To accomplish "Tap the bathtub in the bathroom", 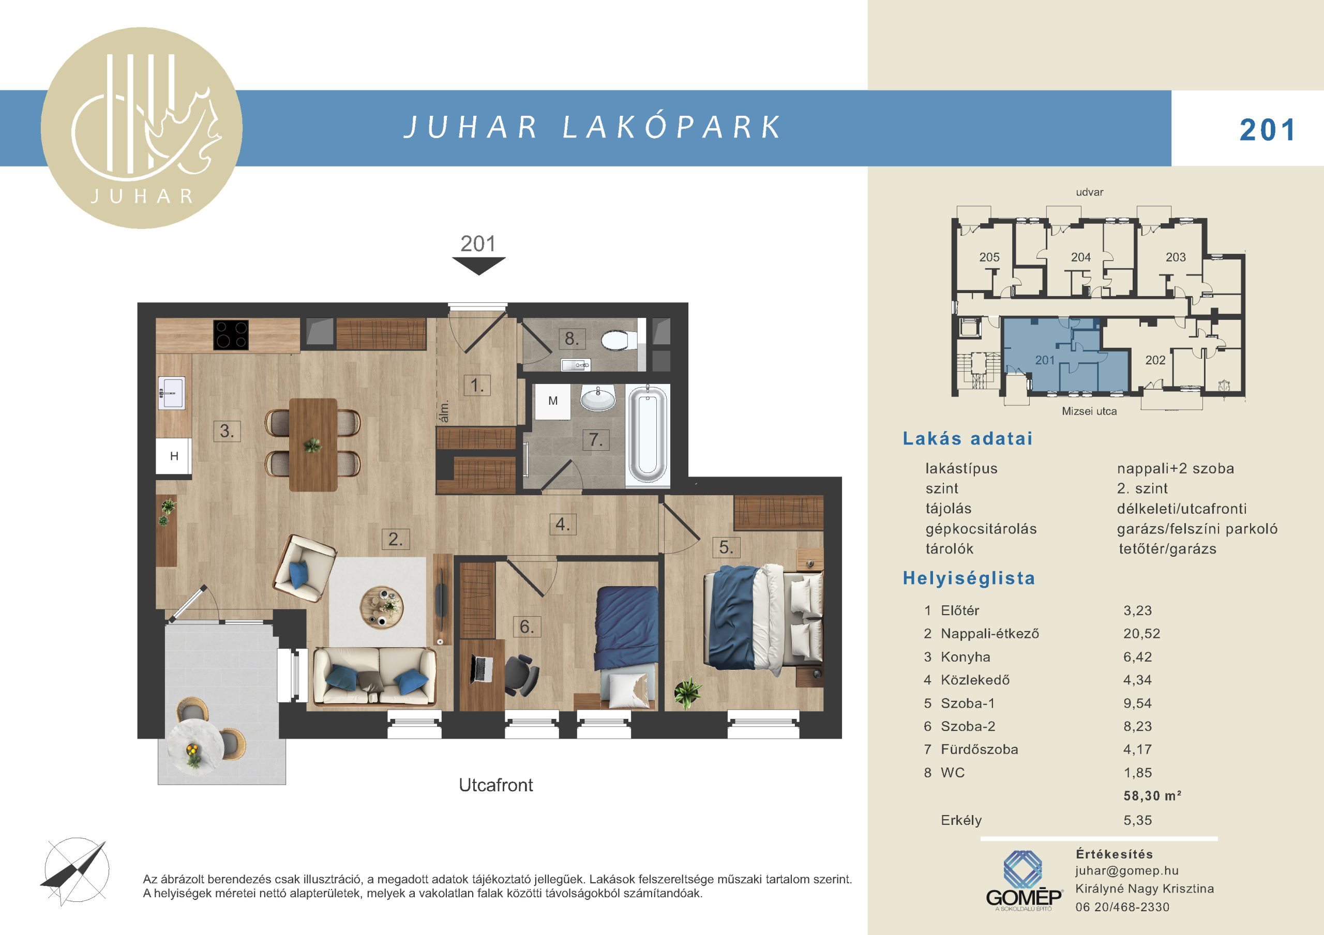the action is (x=648, y=435).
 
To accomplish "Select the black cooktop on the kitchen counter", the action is (x=231, y=335).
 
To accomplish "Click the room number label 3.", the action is (x=227, y=431).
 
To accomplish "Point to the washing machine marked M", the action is (x=553, y=401).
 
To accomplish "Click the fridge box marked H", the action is (x=174, y=456).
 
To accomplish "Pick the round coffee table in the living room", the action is (x=382, y=606).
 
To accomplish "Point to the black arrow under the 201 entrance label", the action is (x=478, y=266).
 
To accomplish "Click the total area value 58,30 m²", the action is (x=1152, y=796).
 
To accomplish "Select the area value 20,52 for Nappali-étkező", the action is (x=1142, y=634).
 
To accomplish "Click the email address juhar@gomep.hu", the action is (x=1127, y=871).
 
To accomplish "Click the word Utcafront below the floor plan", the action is (x=496, y=785).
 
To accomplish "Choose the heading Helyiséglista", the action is (x=969, y=578).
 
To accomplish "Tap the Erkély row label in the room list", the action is (x=961, y=820).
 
